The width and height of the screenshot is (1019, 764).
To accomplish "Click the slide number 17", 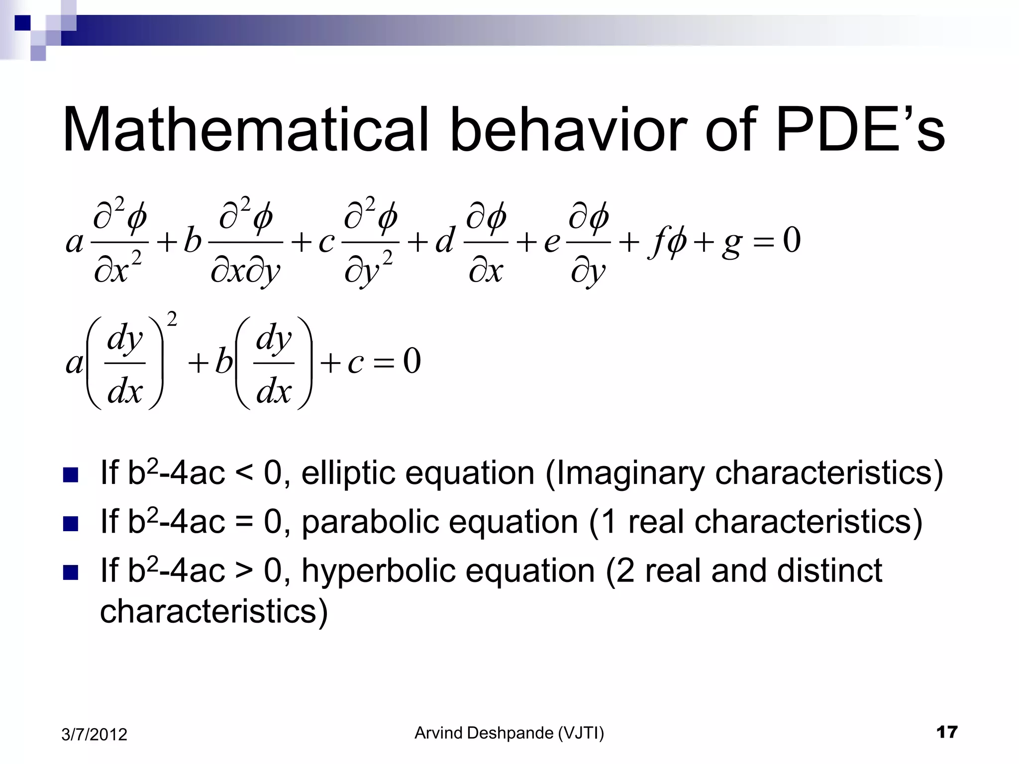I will (946, 732).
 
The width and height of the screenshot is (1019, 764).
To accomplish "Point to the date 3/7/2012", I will (94, 735).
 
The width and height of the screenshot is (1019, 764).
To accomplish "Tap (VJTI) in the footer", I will (581, 733).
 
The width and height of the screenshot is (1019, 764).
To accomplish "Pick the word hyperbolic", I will (378, 571).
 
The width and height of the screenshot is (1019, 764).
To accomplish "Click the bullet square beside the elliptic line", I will (71, 475).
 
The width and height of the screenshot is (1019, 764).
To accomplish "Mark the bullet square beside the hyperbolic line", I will (71, 573).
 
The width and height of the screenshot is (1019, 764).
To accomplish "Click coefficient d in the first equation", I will (444, 241).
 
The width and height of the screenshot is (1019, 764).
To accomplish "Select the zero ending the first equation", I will (792, 240).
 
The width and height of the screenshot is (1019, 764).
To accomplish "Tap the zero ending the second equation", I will (412, 362).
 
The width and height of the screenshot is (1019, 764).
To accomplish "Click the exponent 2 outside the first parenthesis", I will (172, 319).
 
